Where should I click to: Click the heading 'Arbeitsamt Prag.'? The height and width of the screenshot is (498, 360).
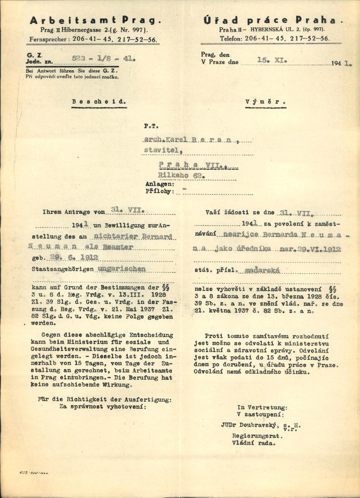[95, 20]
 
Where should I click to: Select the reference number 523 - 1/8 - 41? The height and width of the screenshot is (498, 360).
[103, 58]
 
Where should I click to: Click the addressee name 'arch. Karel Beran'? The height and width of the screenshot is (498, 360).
[191, 140]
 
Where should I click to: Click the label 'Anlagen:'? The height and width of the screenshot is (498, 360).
[159, 184]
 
